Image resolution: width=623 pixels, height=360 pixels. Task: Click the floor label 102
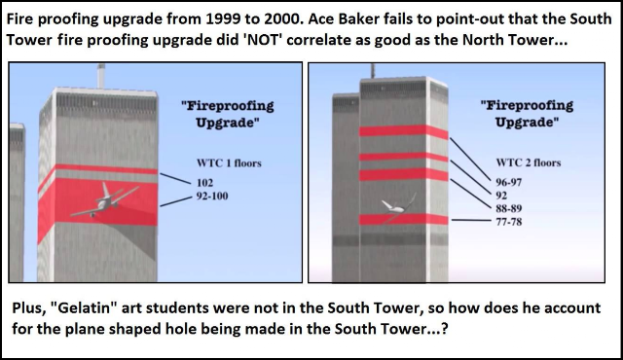(x=205, y=183)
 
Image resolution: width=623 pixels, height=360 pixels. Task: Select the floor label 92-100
(x=212, y=197)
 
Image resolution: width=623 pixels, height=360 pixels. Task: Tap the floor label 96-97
(x=508, y=182)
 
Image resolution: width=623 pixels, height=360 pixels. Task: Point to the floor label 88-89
(x=508, y=208)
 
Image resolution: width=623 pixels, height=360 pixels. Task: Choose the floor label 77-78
(x=508, y=222)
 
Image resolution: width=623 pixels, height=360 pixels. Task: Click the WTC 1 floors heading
(x=229, y=163)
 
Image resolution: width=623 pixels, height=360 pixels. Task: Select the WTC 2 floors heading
(x=529, y=162)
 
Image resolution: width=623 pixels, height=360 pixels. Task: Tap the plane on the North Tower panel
(x=104, y=200)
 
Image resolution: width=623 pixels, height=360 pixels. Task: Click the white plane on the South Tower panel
(x=397, y=206)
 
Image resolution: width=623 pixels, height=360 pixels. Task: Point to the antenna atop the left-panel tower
(x=101, y=76)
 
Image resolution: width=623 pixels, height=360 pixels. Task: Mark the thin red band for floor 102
(x=106, y=169)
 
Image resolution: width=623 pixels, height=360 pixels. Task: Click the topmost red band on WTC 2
(x=404, y=131)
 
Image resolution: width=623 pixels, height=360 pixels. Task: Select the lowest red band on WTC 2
(x=404, y=220)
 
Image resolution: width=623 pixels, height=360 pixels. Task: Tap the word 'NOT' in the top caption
(x=263, y=40)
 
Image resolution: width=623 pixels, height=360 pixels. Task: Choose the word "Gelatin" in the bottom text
(x=84, y=308)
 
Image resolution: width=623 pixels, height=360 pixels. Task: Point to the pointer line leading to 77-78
(x=471, y=220)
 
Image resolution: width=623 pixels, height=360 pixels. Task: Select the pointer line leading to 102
(x=175, y=179)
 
